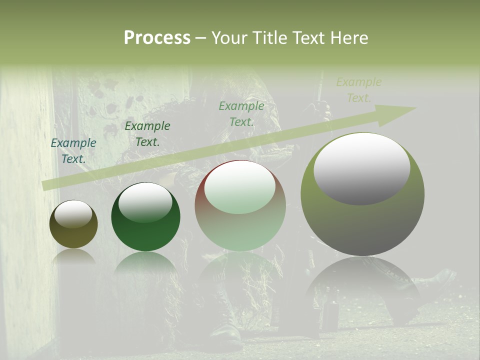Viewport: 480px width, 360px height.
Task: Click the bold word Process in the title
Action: pyautogui.click(x=157, y=38)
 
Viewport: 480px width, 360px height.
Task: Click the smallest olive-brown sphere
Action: pyautogui.click(x=73, y=224)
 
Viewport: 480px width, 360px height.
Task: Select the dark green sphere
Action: pyautogui.click(x=145, y=217)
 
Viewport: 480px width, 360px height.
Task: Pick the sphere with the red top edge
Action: pyautogui.click(x=240, y=205)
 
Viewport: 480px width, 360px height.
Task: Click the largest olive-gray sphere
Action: pyautogui.click(x=362, y=194)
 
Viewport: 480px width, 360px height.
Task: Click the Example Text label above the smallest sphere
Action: pyautogui.click(x=73, y=151)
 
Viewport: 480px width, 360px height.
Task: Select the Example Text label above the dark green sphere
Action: pyautogui.click(x=147, y=134)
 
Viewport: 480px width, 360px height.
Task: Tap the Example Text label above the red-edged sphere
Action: pyautogui.click(x=241, y=113)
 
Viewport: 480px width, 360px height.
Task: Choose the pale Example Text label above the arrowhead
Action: pyautogui.click(x=359, y=90)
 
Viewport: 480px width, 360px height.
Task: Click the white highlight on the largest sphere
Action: pyautogui.click(x=362, y=167)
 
